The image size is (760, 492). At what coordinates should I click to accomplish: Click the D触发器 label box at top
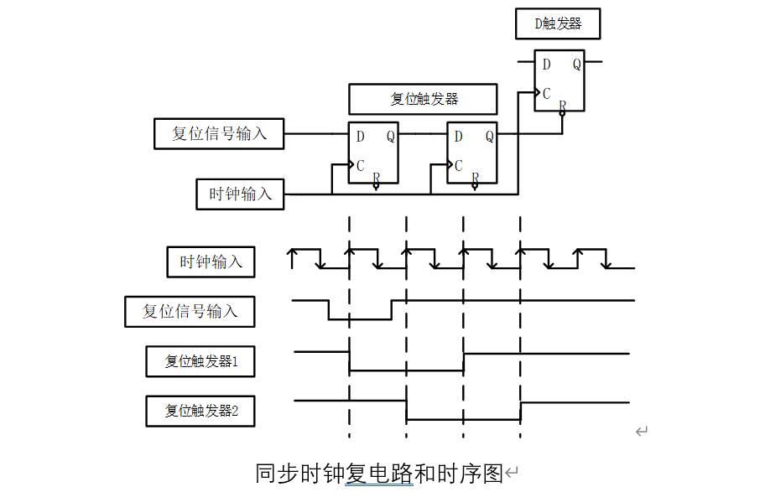coord(559,24)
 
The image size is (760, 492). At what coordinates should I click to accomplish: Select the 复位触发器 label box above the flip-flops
coord(424,99)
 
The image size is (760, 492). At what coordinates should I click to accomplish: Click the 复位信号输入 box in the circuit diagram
coord(219,133)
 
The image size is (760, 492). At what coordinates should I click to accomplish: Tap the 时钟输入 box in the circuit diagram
coord(240,194)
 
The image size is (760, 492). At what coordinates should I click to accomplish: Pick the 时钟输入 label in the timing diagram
coord(211,262)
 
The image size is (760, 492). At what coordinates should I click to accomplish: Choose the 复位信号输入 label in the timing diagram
coord(190,312)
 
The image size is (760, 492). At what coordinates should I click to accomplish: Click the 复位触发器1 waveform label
coord(200,362)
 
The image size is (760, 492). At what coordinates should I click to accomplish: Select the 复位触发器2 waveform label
coord(200,412)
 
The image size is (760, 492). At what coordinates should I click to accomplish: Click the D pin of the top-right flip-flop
coord(546,65)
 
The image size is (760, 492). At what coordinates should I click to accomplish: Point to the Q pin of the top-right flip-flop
coord(576,65)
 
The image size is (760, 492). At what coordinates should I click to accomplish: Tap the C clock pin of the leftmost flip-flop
coord(360,165)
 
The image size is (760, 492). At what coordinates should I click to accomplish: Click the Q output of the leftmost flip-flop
coord(391,137)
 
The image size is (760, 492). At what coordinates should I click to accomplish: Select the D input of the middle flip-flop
coord(458,137)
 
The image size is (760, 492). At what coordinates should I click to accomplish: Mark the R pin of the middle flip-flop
coord(475,178)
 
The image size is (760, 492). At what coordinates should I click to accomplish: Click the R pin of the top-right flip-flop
coord(562,106)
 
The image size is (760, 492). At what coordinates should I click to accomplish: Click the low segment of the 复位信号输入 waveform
coord(360,319)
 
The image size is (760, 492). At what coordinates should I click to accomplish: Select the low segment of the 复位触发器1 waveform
coord(406,370)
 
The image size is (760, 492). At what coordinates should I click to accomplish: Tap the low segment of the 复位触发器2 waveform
coord(463,419)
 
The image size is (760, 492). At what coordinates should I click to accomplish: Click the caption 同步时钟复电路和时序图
coord(378,474)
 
